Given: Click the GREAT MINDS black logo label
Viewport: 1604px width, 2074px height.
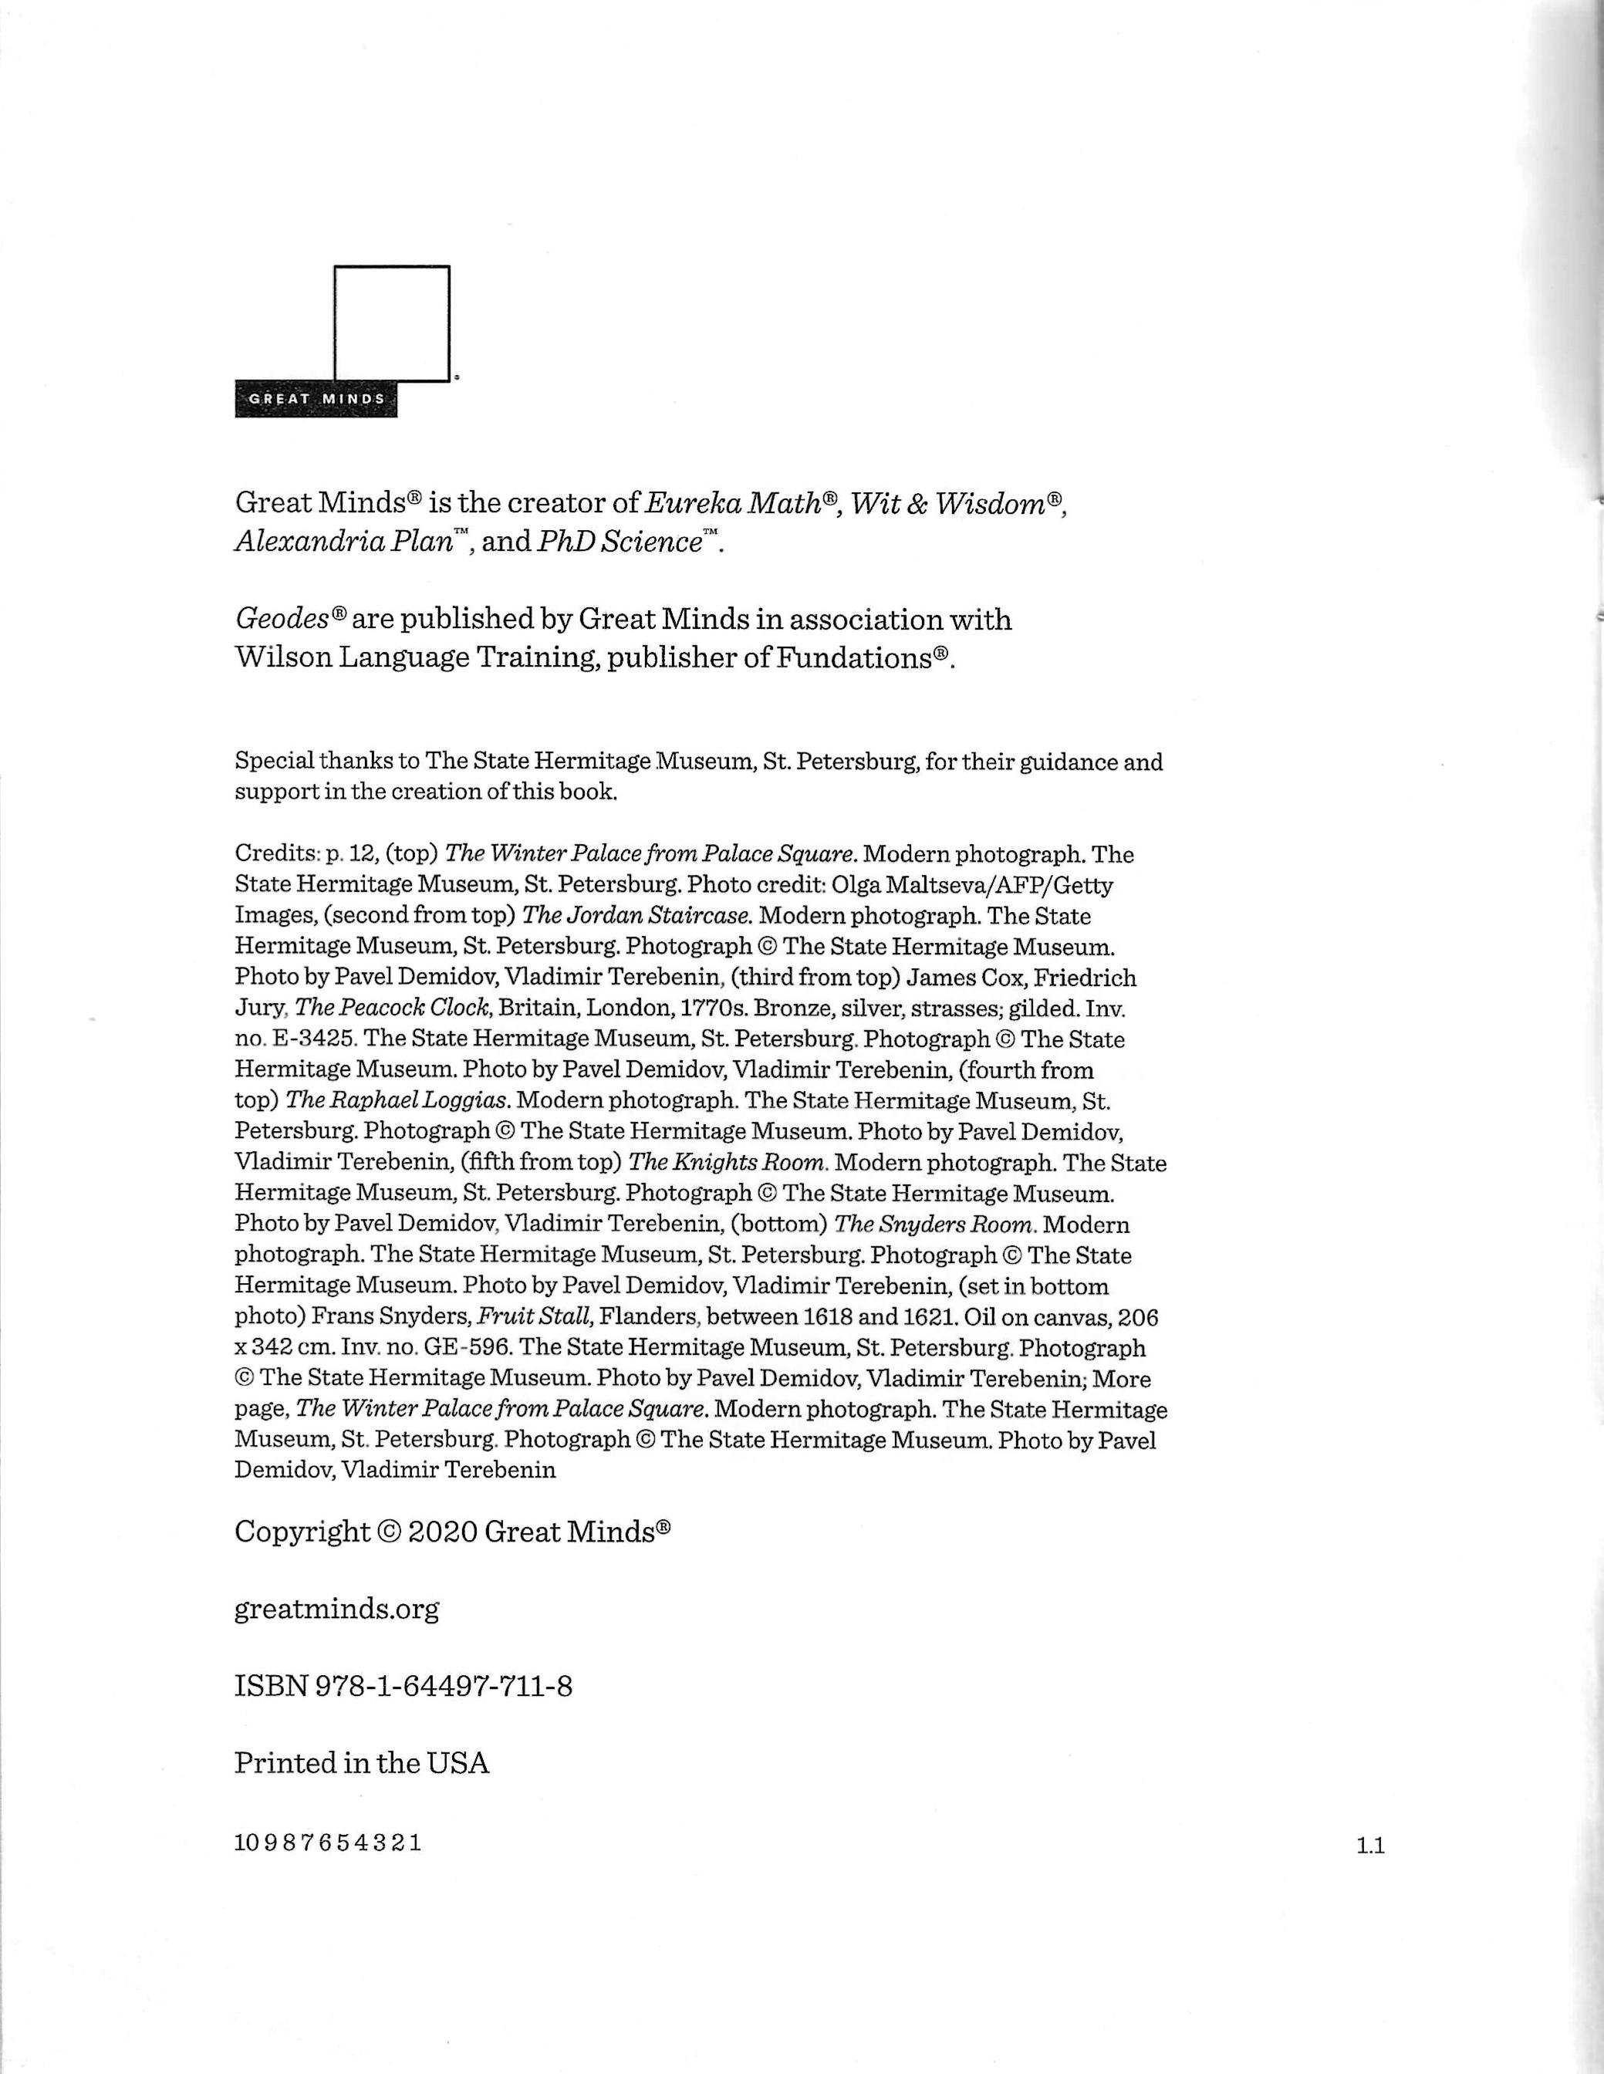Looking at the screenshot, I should pos(316,399).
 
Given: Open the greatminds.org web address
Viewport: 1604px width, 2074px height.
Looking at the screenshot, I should pos(337,1610).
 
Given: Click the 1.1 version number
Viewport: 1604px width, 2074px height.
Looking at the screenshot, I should pos(1371,1847).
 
